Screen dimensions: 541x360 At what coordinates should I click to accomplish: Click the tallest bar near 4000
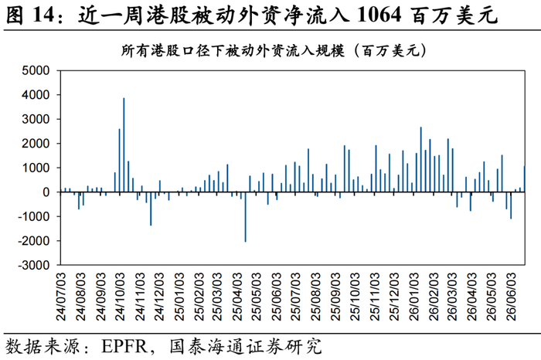(x=124, y=144)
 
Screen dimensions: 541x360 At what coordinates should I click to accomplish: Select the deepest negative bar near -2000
(x=245, y=217)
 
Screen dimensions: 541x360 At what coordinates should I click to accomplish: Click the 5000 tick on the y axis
(x=36, y=70)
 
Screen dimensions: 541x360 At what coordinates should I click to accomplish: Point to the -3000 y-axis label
(x=34, y=265)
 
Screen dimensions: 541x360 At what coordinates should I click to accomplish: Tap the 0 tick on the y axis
(x=46, y=192)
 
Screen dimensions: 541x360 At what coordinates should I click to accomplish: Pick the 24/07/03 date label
(x=61, y=297)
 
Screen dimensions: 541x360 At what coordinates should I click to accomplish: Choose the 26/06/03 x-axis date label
(x=510, y=297)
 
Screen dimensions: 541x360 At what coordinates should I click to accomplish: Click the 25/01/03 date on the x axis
(x=179, y=297)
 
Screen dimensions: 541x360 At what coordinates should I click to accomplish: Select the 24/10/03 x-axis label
(x=120, y=297)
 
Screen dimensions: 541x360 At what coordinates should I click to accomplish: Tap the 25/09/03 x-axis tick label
(x=335, y=297)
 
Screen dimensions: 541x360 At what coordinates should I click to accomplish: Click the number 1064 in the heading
(x=379, y=15)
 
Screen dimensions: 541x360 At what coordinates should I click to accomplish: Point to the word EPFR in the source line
(x=124, y=346)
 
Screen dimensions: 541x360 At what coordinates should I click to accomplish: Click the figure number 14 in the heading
(x=43, y=15)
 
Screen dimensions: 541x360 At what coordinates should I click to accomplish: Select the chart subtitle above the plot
(x=274, y=51)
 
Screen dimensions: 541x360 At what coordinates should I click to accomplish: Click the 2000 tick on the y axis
(x=36, y=143)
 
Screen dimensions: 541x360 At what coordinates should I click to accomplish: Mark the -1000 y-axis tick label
(x=34, y=216)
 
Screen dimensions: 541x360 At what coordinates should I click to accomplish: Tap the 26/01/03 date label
(x=413, y=297)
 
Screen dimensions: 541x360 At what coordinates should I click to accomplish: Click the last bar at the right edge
(x=525, y=179)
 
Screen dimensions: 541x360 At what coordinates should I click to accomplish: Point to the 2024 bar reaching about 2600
(x=119, y=161)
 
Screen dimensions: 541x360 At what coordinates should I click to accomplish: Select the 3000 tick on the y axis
(x=36, y=119)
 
